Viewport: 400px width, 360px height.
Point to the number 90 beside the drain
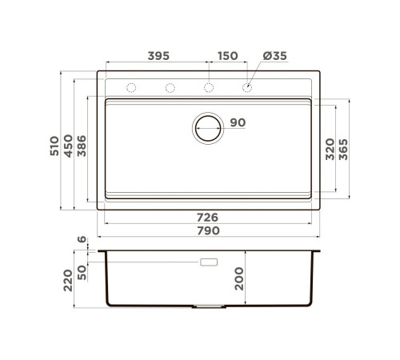click(238, 122)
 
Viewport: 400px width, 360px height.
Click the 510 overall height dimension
click(54, 146)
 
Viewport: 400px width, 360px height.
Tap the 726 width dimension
click(209, 218)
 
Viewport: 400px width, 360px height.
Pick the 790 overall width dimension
click(209, 230)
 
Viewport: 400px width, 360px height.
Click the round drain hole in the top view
click(208, 126)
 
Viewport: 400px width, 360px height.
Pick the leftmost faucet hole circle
click(132, 87)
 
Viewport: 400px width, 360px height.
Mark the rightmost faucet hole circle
click(247, 87)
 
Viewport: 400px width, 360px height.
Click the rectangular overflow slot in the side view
click(210, 262)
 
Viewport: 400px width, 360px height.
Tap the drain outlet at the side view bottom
click(209, 306)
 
